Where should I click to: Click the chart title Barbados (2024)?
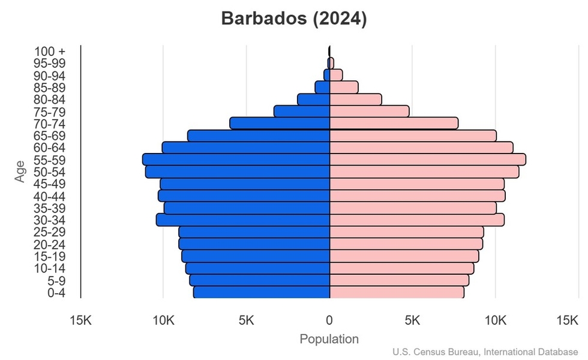pos(293,19)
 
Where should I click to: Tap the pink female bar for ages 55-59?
pos(428,160)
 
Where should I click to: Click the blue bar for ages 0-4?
pos(262,292)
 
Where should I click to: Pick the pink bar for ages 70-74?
pos(394,123)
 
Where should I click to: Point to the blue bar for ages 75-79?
pos(302,112)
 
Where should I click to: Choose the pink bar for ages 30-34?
pos(417,220)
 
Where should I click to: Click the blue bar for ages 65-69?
pos(259,136)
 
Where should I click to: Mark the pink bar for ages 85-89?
pos(344,88)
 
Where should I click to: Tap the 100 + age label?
pos(50,52)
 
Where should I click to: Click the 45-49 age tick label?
pos(49,184)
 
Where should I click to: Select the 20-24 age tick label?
pos(49,244)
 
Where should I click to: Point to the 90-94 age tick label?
pos(49,76)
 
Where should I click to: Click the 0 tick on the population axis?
pos(329,321)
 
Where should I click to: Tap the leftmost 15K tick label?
pos(80,321)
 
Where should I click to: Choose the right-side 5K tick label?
pos(412,321)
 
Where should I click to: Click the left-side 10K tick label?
pos(163,321)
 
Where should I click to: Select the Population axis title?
pos(329,339)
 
